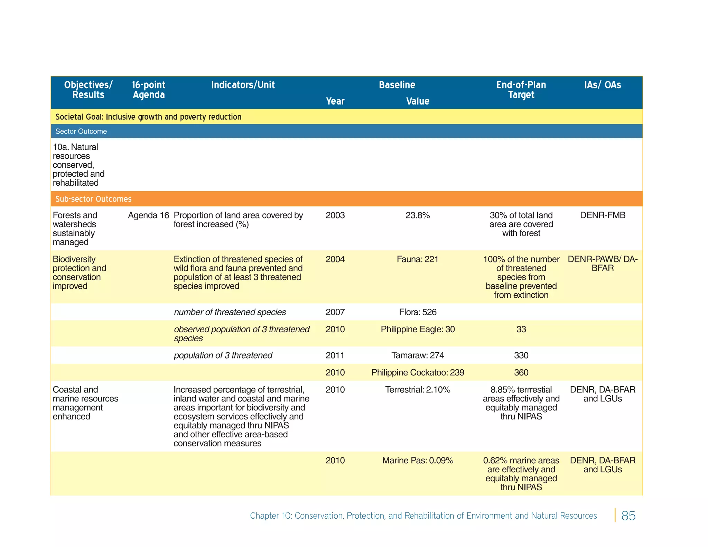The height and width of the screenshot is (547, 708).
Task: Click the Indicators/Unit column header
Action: click(x=243, y=85)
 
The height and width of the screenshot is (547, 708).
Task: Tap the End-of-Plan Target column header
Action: click(x=521, y=90)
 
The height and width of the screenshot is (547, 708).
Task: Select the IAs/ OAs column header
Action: click(x=602, y=85)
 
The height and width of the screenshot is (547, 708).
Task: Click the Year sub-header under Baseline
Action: click(x=335, y=101)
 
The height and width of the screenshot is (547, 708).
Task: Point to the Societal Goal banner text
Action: click(x=148, y=117)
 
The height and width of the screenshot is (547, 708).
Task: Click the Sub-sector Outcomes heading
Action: click(x=93, y=199)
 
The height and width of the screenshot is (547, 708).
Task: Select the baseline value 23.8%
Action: click(x=418, y=215)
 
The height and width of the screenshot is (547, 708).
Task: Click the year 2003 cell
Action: click(x=335, y=215)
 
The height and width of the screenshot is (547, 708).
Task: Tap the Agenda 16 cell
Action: click(x=148, y=215)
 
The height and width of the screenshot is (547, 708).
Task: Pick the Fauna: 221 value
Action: click(x=418, y=259)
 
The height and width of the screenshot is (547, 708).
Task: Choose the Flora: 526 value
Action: click(x=418, y=312)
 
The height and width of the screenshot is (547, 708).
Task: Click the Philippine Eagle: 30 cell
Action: click(x=418, y=329)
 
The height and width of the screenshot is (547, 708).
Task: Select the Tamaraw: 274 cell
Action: click(x=418, y=355)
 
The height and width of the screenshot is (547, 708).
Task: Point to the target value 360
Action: click(x=521, y=373)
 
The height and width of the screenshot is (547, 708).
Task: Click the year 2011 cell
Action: click(x=335, y=355)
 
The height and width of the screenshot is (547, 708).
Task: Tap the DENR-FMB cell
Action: click(x=602, y=215)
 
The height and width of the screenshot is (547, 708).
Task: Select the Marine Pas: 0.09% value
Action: click(x=418, y=461)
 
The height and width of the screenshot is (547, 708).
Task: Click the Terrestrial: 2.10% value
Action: click(x=418, y=390)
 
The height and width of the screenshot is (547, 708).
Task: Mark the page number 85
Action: click(x=628, y=516)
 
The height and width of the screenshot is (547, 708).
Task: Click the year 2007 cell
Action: click(x=335, y=312)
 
